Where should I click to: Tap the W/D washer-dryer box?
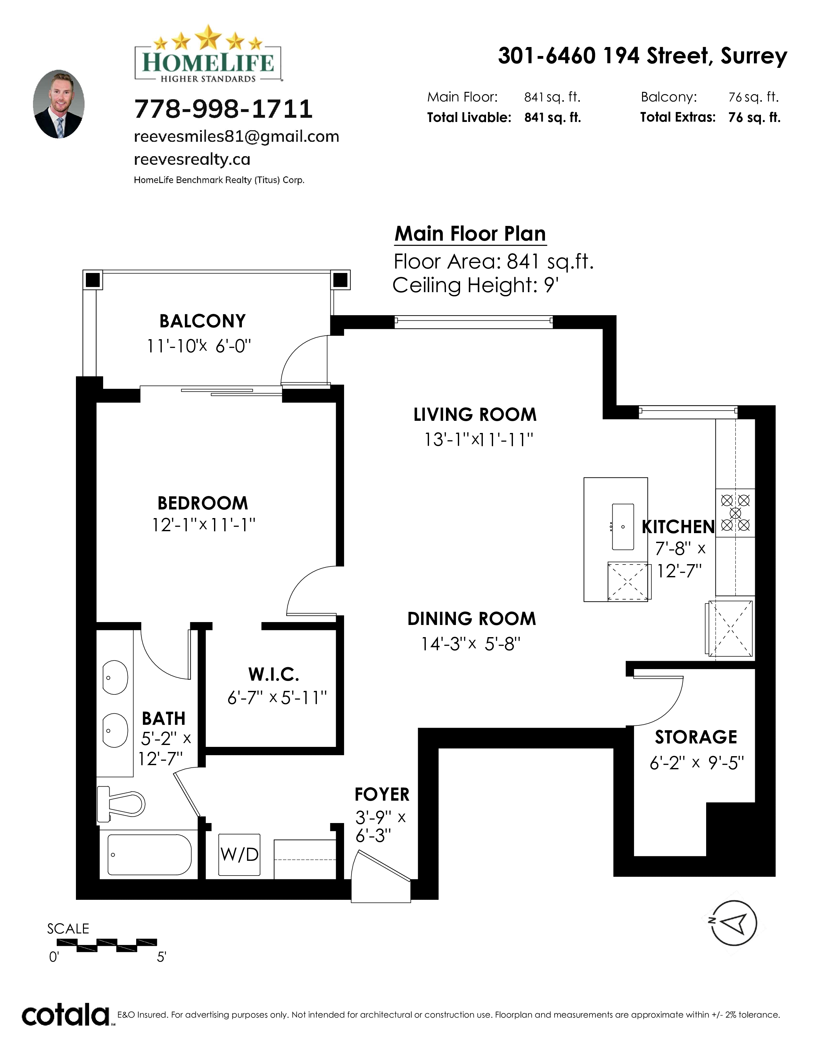point(239,854)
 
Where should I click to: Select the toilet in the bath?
point(121,804)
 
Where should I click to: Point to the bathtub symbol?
point(150,854)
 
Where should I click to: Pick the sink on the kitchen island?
point(623,526)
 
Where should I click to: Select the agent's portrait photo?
point(59,104)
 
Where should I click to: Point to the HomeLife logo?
point(208,54)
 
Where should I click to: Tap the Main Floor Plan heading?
point(470,234)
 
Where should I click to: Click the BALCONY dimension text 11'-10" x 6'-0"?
point(199,346)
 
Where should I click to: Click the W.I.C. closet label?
point(274,674)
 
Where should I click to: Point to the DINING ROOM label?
point(472,619)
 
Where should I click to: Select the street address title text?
point(642,56)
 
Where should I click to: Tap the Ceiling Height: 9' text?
point(475,285)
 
